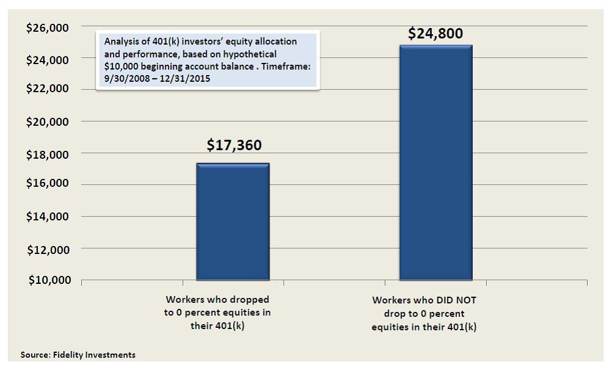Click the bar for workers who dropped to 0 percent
(232, 222)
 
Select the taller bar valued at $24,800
(436, 163)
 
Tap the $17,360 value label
(234, 145)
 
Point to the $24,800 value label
(435, 33)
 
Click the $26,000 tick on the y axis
(48, 27)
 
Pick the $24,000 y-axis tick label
(48, 59)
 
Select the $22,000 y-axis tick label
(48, 89)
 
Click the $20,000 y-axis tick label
(48, 121)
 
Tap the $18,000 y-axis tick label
(48, 154)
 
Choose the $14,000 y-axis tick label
(48, 216)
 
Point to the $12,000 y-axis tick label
(48, 249)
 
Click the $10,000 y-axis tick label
(48, 280)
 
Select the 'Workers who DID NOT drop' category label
(424, 314)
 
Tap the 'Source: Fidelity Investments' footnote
(78, 355)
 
